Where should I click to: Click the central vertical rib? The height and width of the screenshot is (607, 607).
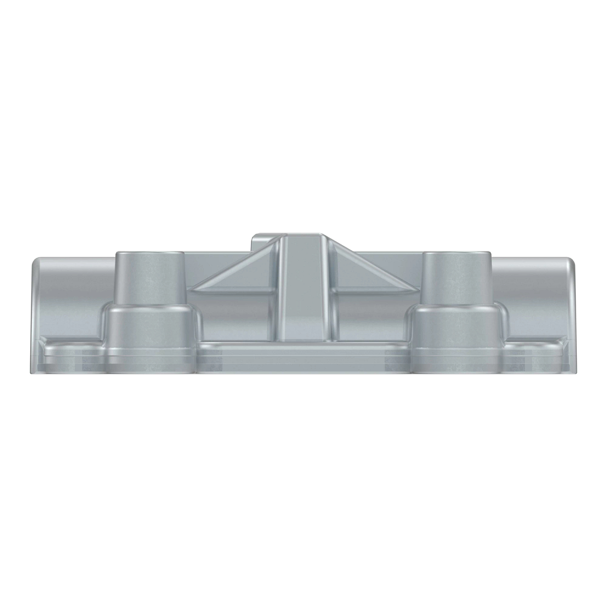(301, 288)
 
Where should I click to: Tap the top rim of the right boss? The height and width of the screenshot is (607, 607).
(457, 253)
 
